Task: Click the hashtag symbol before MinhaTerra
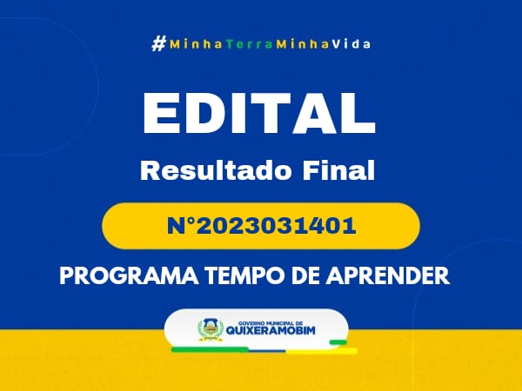(159, 44)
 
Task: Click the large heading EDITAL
(259, 113)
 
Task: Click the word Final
(338, 170)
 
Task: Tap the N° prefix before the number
(181, 226)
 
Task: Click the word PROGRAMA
(129, 275)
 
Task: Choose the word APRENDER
(388, 275)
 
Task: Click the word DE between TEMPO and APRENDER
(305, 275)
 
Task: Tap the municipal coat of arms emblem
(211, 330)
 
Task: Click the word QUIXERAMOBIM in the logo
(271, 330)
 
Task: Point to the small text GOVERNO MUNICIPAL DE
(271, 323)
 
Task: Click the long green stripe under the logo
(210, 349)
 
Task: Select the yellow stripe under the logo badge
(322, 351)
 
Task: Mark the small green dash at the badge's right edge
(338, 342)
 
